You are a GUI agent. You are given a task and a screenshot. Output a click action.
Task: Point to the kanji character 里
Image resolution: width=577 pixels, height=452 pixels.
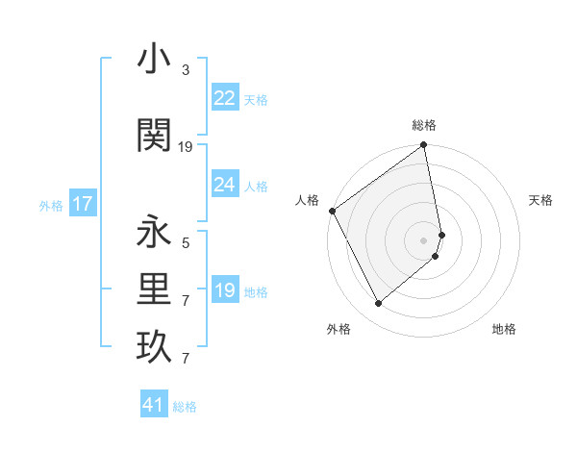coord(154,289)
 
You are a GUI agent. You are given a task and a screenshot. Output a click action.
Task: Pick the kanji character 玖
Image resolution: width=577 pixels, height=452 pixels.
coord(154,347)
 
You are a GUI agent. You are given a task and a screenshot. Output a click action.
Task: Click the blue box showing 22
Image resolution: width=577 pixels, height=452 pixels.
coord(225,98)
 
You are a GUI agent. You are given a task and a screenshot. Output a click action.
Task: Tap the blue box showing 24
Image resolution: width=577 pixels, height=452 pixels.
coord(225,185)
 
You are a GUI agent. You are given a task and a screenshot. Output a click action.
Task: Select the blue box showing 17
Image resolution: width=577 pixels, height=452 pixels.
coord(83,204)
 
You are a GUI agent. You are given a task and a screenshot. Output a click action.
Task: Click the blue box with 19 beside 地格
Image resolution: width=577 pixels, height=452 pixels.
coord(225,290)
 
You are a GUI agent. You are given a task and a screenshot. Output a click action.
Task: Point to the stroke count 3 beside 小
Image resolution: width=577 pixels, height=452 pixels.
coord(186,70)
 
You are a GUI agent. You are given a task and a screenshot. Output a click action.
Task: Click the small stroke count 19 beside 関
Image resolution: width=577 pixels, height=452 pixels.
coord(186,146)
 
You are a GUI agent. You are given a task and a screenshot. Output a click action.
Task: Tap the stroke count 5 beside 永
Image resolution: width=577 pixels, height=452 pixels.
coord(186,243)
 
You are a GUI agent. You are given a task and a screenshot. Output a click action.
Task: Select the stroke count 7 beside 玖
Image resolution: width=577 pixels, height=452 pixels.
coord(186,359)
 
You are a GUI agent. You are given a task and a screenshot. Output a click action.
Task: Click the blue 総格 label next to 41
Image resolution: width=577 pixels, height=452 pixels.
coord(185,407)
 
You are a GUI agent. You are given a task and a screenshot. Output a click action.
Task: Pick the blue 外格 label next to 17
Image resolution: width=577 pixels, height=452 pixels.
coord(51,205)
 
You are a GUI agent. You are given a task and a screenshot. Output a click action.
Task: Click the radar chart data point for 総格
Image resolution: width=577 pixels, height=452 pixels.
coord(424,146)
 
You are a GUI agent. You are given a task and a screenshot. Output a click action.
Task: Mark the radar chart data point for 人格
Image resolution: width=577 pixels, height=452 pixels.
coord(332,211)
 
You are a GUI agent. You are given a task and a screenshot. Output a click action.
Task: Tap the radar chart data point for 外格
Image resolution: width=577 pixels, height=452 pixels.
coord(378,304)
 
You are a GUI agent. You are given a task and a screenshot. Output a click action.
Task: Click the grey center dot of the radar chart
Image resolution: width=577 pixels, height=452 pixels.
coord(424,239)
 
